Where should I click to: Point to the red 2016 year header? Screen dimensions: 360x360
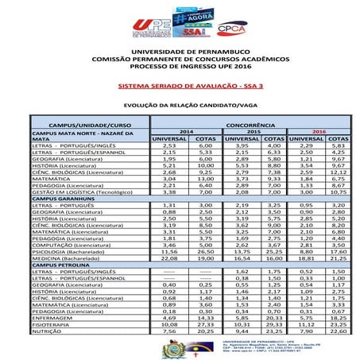(319, 132)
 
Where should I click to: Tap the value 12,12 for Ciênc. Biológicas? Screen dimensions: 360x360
(338, 172)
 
